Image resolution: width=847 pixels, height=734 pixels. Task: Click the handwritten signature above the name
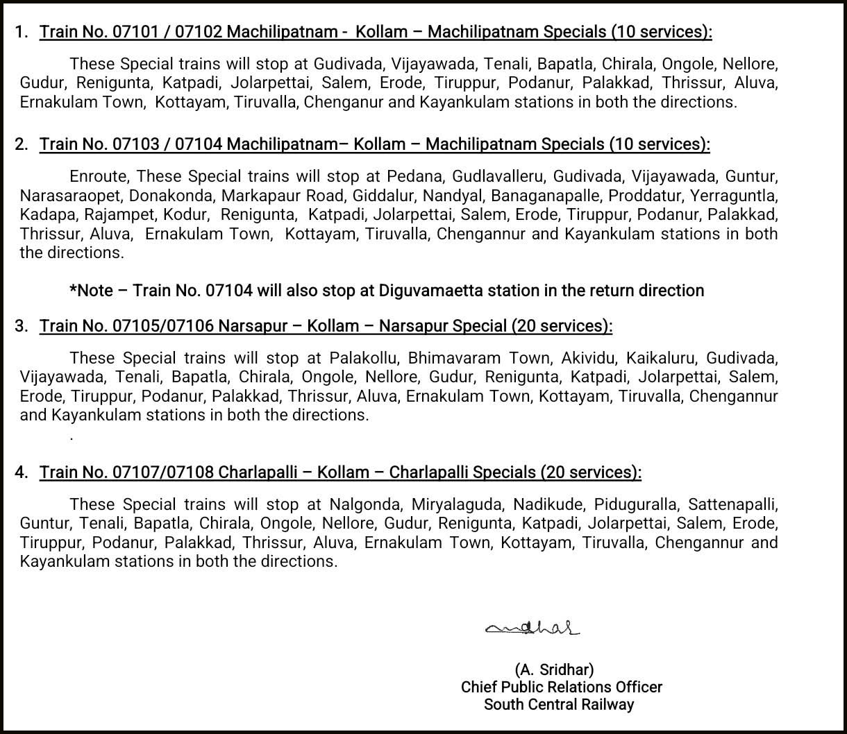532,628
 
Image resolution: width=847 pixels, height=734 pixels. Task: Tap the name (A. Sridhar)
554,669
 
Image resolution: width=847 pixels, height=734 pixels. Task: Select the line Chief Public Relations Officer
561,687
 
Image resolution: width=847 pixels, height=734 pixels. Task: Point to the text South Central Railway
559,704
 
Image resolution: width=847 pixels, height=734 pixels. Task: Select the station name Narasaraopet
70,196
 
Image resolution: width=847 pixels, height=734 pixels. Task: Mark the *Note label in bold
91,290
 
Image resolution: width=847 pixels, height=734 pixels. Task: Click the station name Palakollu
364,359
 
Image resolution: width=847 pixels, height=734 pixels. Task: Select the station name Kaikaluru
662,359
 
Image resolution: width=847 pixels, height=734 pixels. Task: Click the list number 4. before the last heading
22,472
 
